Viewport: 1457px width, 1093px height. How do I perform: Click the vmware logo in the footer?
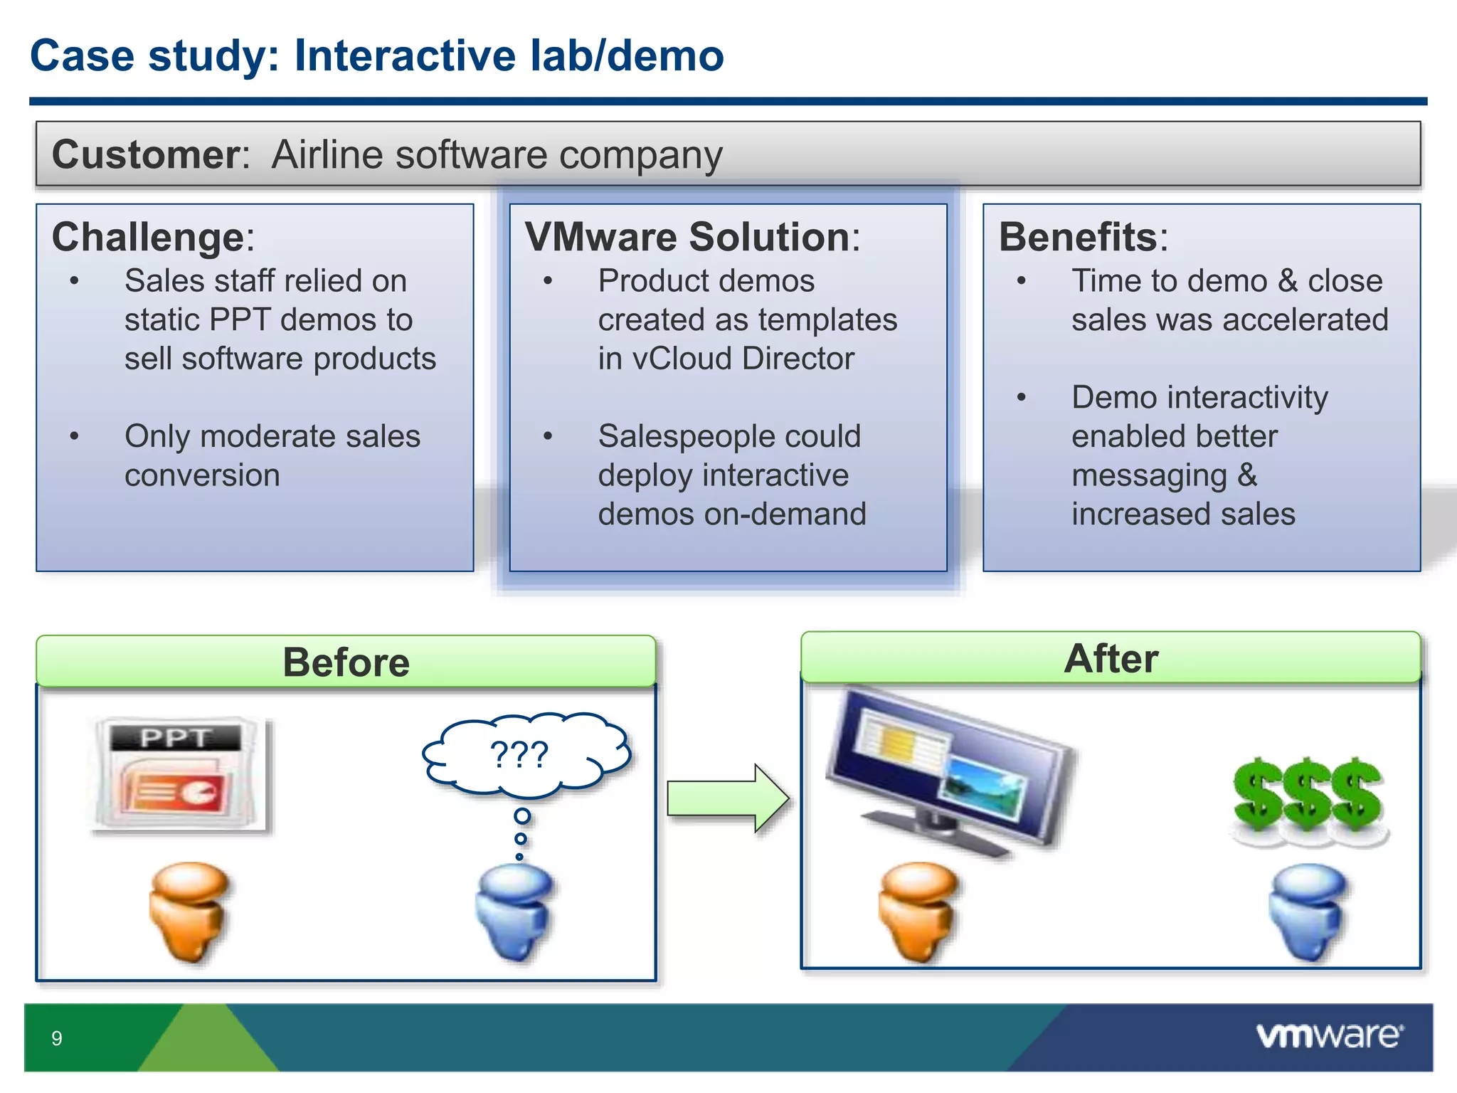click(x=1329, y=1036)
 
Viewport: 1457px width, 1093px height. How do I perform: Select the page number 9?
click(x=57, y=1038)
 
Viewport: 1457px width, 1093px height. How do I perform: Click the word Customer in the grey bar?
click(x=147, y=154)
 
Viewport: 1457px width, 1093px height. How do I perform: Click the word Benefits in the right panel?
click(x=1079, y=237)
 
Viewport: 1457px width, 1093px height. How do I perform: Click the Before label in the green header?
click(x=346, y=662)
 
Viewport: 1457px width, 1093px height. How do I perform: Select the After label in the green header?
click(x=1111, y=658)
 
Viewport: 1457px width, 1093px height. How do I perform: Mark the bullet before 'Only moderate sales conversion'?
click(x=74, y=436)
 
